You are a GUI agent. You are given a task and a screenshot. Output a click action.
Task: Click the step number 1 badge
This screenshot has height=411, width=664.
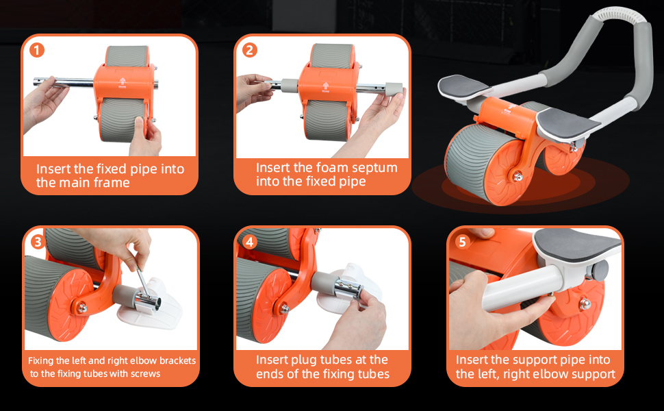coord(37,51)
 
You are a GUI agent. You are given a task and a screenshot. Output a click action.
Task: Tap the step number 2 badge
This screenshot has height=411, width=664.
coord(250,51)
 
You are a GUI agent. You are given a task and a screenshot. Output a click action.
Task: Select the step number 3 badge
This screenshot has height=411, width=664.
coord(38,242)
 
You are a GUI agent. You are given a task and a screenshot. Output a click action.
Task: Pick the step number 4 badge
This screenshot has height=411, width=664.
coord(250,242)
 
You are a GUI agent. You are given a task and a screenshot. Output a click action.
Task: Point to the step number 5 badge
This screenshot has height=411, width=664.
coord(462,242)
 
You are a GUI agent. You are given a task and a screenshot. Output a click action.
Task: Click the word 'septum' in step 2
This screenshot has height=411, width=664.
coord(374,169)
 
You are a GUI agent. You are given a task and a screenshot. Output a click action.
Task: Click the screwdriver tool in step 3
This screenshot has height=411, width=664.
coord(143,283)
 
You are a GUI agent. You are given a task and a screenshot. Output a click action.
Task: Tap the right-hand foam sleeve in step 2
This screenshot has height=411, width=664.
coord(393,90)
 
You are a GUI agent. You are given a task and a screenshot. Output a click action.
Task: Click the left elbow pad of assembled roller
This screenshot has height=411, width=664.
coord(463,87)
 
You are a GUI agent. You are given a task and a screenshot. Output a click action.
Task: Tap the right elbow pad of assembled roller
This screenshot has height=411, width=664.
coord(567,123)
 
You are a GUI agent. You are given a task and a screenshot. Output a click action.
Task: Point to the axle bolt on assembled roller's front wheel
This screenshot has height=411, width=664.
coord(518,177)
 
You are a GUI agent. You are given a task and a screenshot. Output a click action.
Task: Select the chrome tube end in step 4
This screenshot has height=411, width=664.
coord(349,288)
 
